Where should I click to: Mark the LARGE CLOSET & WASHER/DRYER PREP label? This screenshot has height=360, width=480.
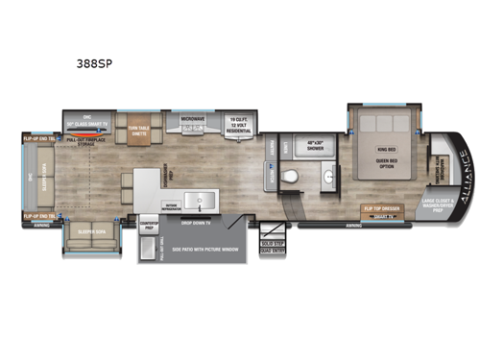click(x=440, y=204)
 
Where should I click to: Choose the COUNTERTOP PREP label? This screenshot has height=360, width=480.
click(x=152, y=220)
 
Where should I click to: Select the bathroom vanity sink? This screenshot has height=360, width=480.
click(x=328, y=178)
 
